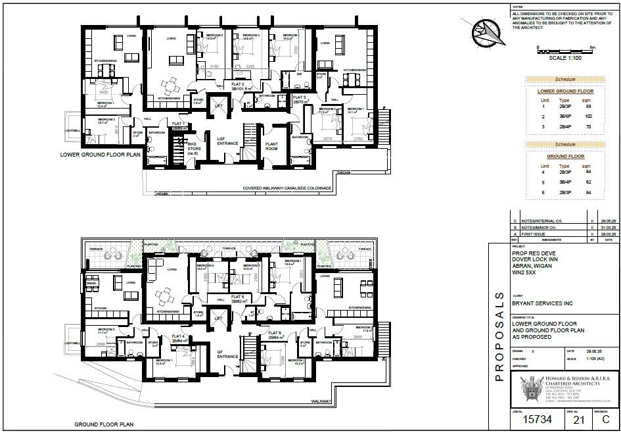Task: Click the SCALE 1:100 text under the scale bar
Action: tap(565, 58)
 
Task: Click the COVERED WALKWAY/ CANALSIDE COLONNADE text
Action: tap(287, 188)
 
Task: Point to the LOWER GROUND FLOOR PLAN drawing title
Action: tap(100, 156)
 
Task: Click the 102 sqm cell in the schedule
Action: tap(588, 115)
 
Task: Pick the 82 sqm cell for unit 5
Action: tap(588, 182)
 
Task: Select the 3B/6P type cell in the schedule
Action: tap(564, 115)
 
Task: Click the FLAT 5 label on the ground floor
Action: tap(237, 297)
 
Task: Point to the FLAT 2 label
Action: tap(238, 85)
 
